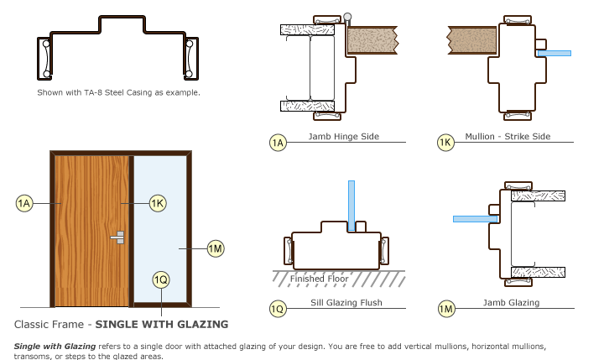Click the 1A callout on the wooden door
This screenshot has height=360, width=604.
pyautogui.click(x=25, y=202)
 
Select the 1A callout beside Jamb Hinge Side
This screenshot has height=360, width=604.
pyautogui.click(x=279, y=143)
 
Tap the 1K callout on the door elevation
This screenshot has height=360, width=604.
pyautogui.click(x=157, y=202)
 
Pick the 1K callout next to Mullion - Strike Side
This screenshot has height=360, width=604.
pyautogui.click(x=446, y=143)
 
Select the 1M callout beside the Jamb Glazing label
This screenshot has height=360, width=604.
pyautogui.click(x=446, y=309)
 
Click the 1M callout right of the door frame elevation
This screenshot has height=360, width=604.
pyautogui.click(x=216, y=248)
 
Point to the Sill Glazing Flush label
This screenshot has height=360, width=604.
pyautogui.click(x=342, y=302)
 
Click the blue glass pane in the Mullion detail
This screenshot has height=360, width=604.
pyautogui.click(x=555, y=53)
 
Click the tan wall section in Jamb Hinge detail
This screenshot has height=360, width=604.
pyautogui.click(x=373, y=39)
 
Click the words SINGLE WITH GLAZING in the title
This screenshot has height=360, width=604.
pyautogui.click(x=161, y=324)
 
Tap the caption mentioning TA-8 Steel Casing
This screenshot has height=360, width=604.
pyautogui.click(x=118, y=91)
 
